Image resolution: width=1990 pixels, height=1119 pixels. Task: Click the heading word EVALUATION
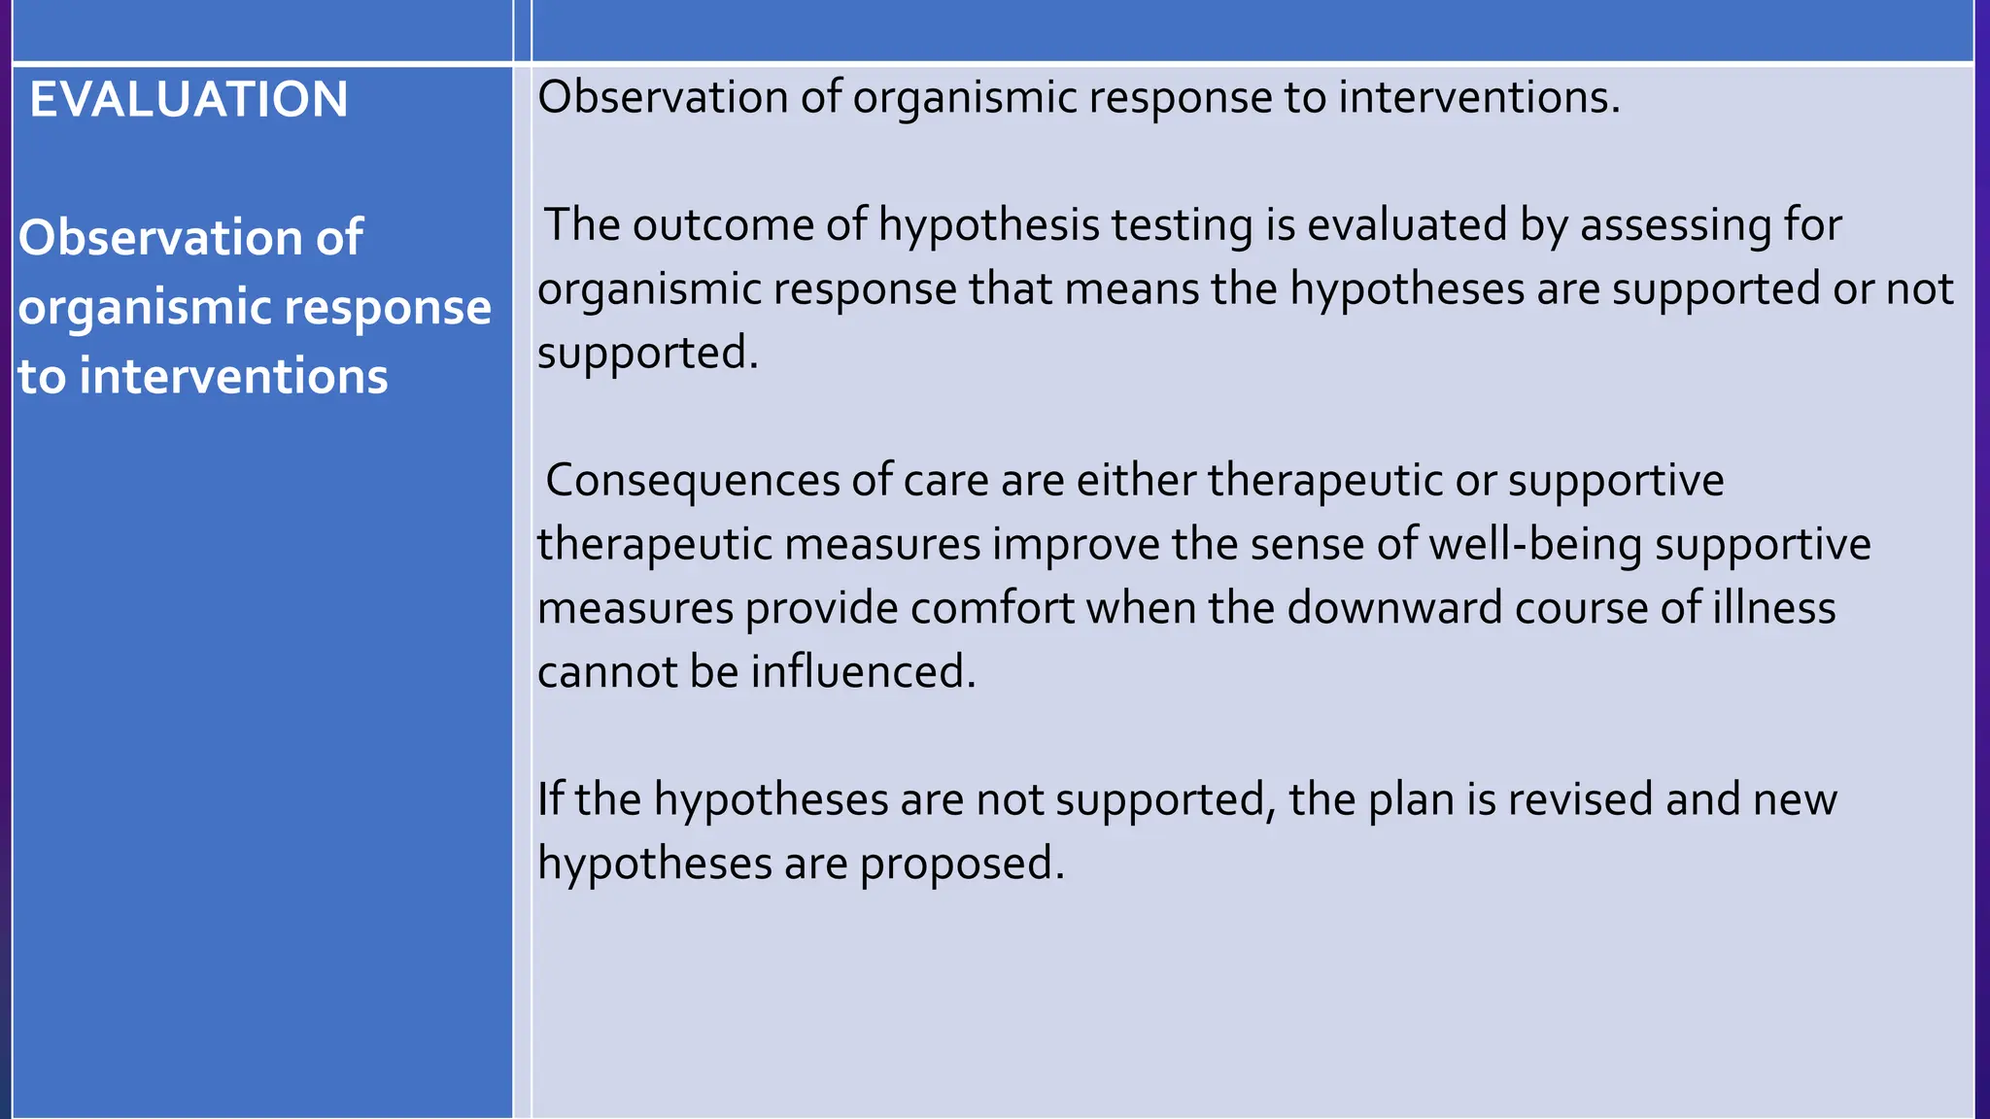pos(189,100)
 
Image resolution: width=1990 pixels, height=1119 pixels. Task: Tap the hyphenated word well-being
pos(1535,544)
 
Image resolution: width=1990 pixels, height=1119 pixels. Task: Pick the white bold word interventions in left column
pos(233,376)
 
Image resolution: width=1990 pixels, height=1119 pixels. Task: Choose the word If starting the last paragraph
pos(550,799)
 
